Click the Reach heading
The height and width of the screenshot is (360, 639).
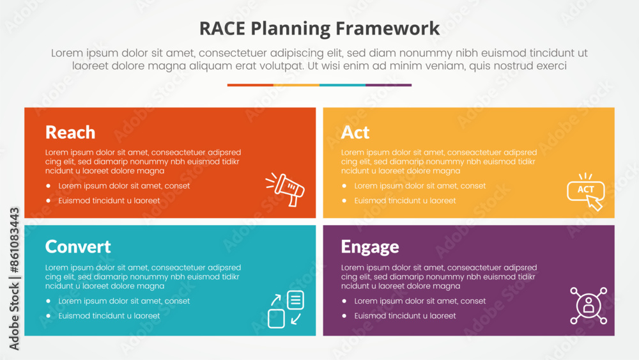(x=70, y=132)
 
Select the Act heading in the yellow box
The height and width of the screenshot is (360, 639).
(x=355, y=132)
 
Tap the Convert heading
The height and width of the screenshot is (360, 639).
(x=78, y=247)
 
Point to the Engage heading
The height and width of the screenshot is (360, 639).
(x=370, y=247)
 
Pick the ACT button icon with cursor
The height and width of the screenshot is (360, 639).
(x=586, y=191)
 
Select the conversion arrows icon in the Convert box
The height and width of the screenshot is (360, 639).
(x=286, y=309)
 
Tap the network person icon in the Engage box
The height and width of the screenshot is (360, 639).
(x=589, y=305)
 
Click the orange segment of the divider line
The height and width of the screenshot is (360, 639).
(x=250, y=85)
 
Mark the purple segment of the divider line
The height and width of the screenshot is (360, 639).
(x=389, y=85)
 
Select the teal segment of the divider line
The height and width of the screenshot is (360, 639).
(x=343, y=85)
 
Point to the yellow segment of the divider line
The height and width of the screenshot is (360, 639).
(x=296, y=85)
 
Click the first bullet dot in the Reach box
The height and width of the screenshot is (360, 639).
(x=48, y=186)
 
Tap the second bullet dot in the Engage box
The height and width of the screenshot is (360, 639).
(x=344, y=316)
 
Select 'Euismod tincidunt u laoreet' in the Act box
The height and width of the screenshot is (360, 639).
(x=405, y=201)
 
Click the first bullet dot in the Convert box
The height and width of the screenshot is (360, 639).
(x=48, y=301)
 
